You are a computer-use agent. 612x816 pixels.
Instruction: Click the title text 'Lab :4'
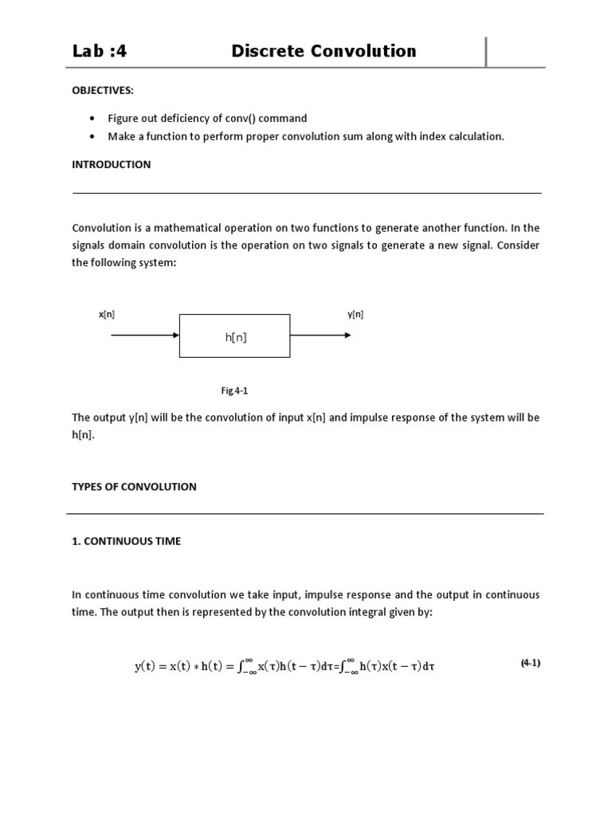tap(100, 52)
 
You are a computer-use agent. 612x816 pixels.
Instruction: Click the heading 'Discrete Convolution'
tap(324, 52)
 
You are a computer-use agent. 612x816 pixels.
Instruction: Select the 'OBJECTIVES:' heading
tap(103, 90)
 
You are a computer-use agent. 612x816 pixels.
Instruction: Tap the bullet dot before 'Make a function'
tap(92, 136)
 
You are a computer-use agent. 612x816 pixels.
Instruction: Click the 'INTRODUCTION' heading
tap(112, 164)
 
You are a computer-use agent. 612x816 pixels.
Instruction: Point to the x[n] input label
tap(107, 314)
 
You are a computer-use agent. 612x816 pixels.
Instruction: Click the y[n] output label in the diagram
tap(355, 314)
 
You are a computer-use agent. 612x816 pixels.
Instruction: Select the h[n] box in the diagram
tap(235, 335)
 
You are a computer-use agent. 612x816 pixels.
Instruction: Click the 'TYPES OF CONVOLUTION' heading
tap(134, 486)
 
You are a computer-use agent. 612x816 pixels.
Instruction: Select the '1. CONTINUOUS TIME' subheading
tap(127, 541)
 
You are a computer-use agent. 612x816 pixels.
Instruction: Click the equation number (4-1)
tap(531, 662)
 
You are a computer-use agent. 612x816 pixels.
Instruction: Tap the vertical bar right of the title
tap(486, 52)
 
